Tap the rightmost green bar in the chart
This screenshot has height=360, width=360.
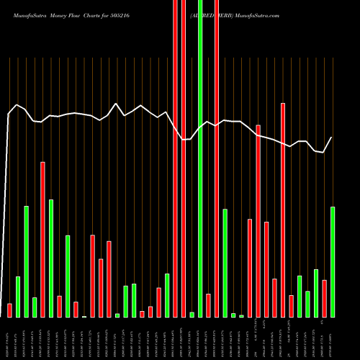coord(333,262)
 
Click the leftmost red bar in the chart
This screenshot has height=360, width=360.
coord(9,310)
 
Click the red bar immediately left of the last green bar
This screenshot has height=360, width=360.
coord(325,298)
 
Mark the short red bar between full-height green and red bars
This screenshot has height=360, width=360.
coord(208,305)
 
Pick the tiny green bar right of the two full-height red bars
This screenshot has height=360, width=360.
coord(192,315)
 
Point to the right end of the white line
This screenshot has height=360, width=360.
coord(332,138)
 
